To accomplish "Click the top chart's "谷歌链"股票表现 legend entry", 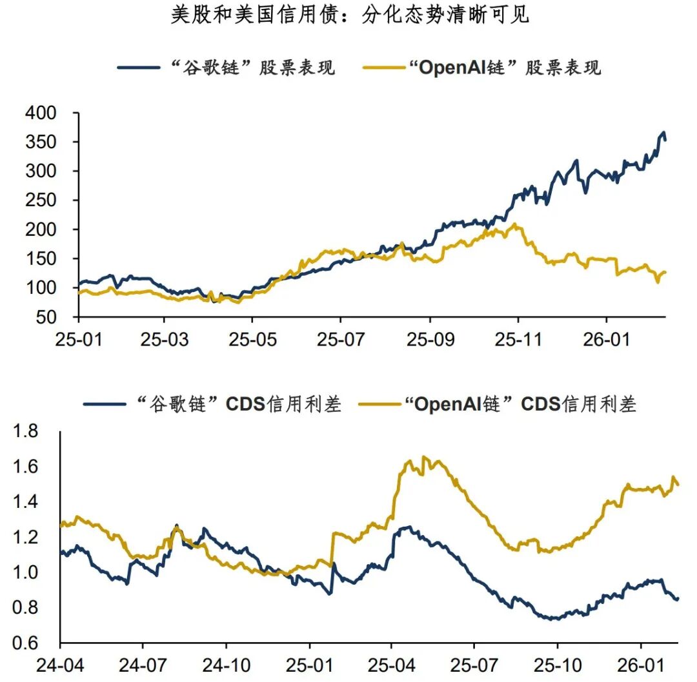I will (226, 67).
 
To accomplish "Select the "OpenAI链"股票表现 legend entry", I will (481, 67).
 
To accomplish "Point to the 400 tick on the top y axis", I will (41, 113).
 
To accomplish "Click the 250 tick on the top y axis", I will (41, 200).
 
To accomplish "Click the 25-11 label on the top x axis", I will (518, 339).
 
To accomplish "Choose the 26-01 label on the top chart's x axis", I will (606, 339).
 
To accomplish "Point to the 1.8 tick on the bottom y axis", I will (27, 431).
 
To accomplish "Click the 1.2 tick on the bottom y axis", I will (27, 537).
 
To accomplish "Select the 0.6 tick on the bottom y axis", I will (27, 643).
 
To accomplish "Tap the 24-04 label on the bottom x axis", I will (60, 665).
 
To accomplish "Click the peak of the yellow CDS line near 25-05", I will (423, 457).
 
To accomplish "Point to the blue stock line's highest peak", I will (663, 133).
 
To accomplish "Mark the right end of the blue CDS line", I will (678, 599).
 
